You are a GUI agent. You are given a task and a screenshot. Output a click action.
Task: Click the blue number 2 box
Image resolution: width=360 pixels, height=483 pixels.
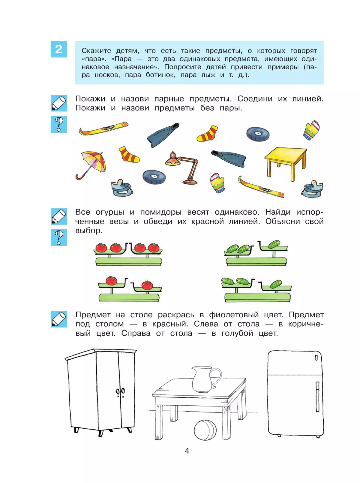[x=59, y=49]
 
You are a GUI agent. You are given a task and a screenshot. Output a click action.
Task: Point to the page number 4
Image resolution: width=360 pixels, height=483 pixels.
[x=187, y=451]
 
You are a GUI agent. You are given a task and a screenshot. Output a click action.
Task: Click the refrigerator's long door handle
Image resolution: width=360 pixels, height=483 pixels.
[x=317, y=396]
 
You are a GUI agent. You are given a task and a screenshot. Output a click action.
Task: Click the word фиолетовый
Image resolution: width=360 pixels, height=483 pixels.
[x=234, y=315]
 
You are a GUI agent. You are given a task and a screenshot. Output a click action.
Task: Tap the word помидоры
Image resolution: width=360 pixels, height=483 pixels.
[x=161, y=212]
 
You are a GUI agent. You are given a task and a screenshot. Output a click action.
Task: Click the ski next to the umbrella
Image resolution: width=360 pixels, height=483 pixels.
[x=103, y=128]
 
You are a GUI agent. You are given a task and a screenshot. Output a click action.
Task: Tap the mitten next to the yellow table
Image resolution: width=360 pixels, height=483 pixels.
[x=311, y=130]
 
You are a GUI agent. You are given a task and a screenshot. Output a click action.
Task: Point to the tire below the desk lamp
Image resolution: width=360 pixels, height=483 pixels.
[x=154, y=177]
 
